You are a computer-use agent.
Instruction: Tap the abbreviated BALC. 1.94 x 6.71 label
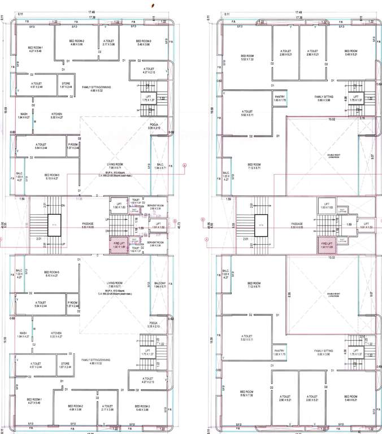click(x=160, y=166)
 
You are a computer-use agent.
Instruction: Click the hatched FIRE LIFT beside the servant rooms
click(x=119, y=245)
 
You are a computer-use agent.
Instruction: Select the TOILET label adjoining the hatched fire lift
click(x=136, y=248)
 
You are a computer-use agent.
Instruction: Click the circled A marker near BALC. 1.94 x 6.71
click(x=184, y=164)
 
